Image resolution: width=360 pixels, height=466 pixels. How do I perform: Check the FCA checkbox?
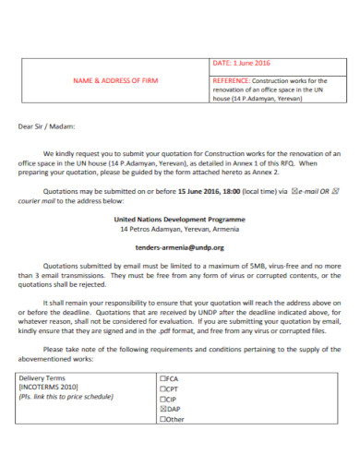162,405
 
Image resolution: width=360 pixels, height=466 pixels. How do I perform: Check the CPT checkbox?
162,415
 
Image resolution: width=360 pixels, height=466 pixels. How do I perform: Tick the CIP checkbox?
162,424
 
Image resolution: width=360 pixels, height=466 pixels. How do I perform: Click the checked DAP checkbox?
162,435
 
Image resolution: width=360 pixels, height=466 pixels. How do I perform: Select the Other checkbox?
162,445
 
